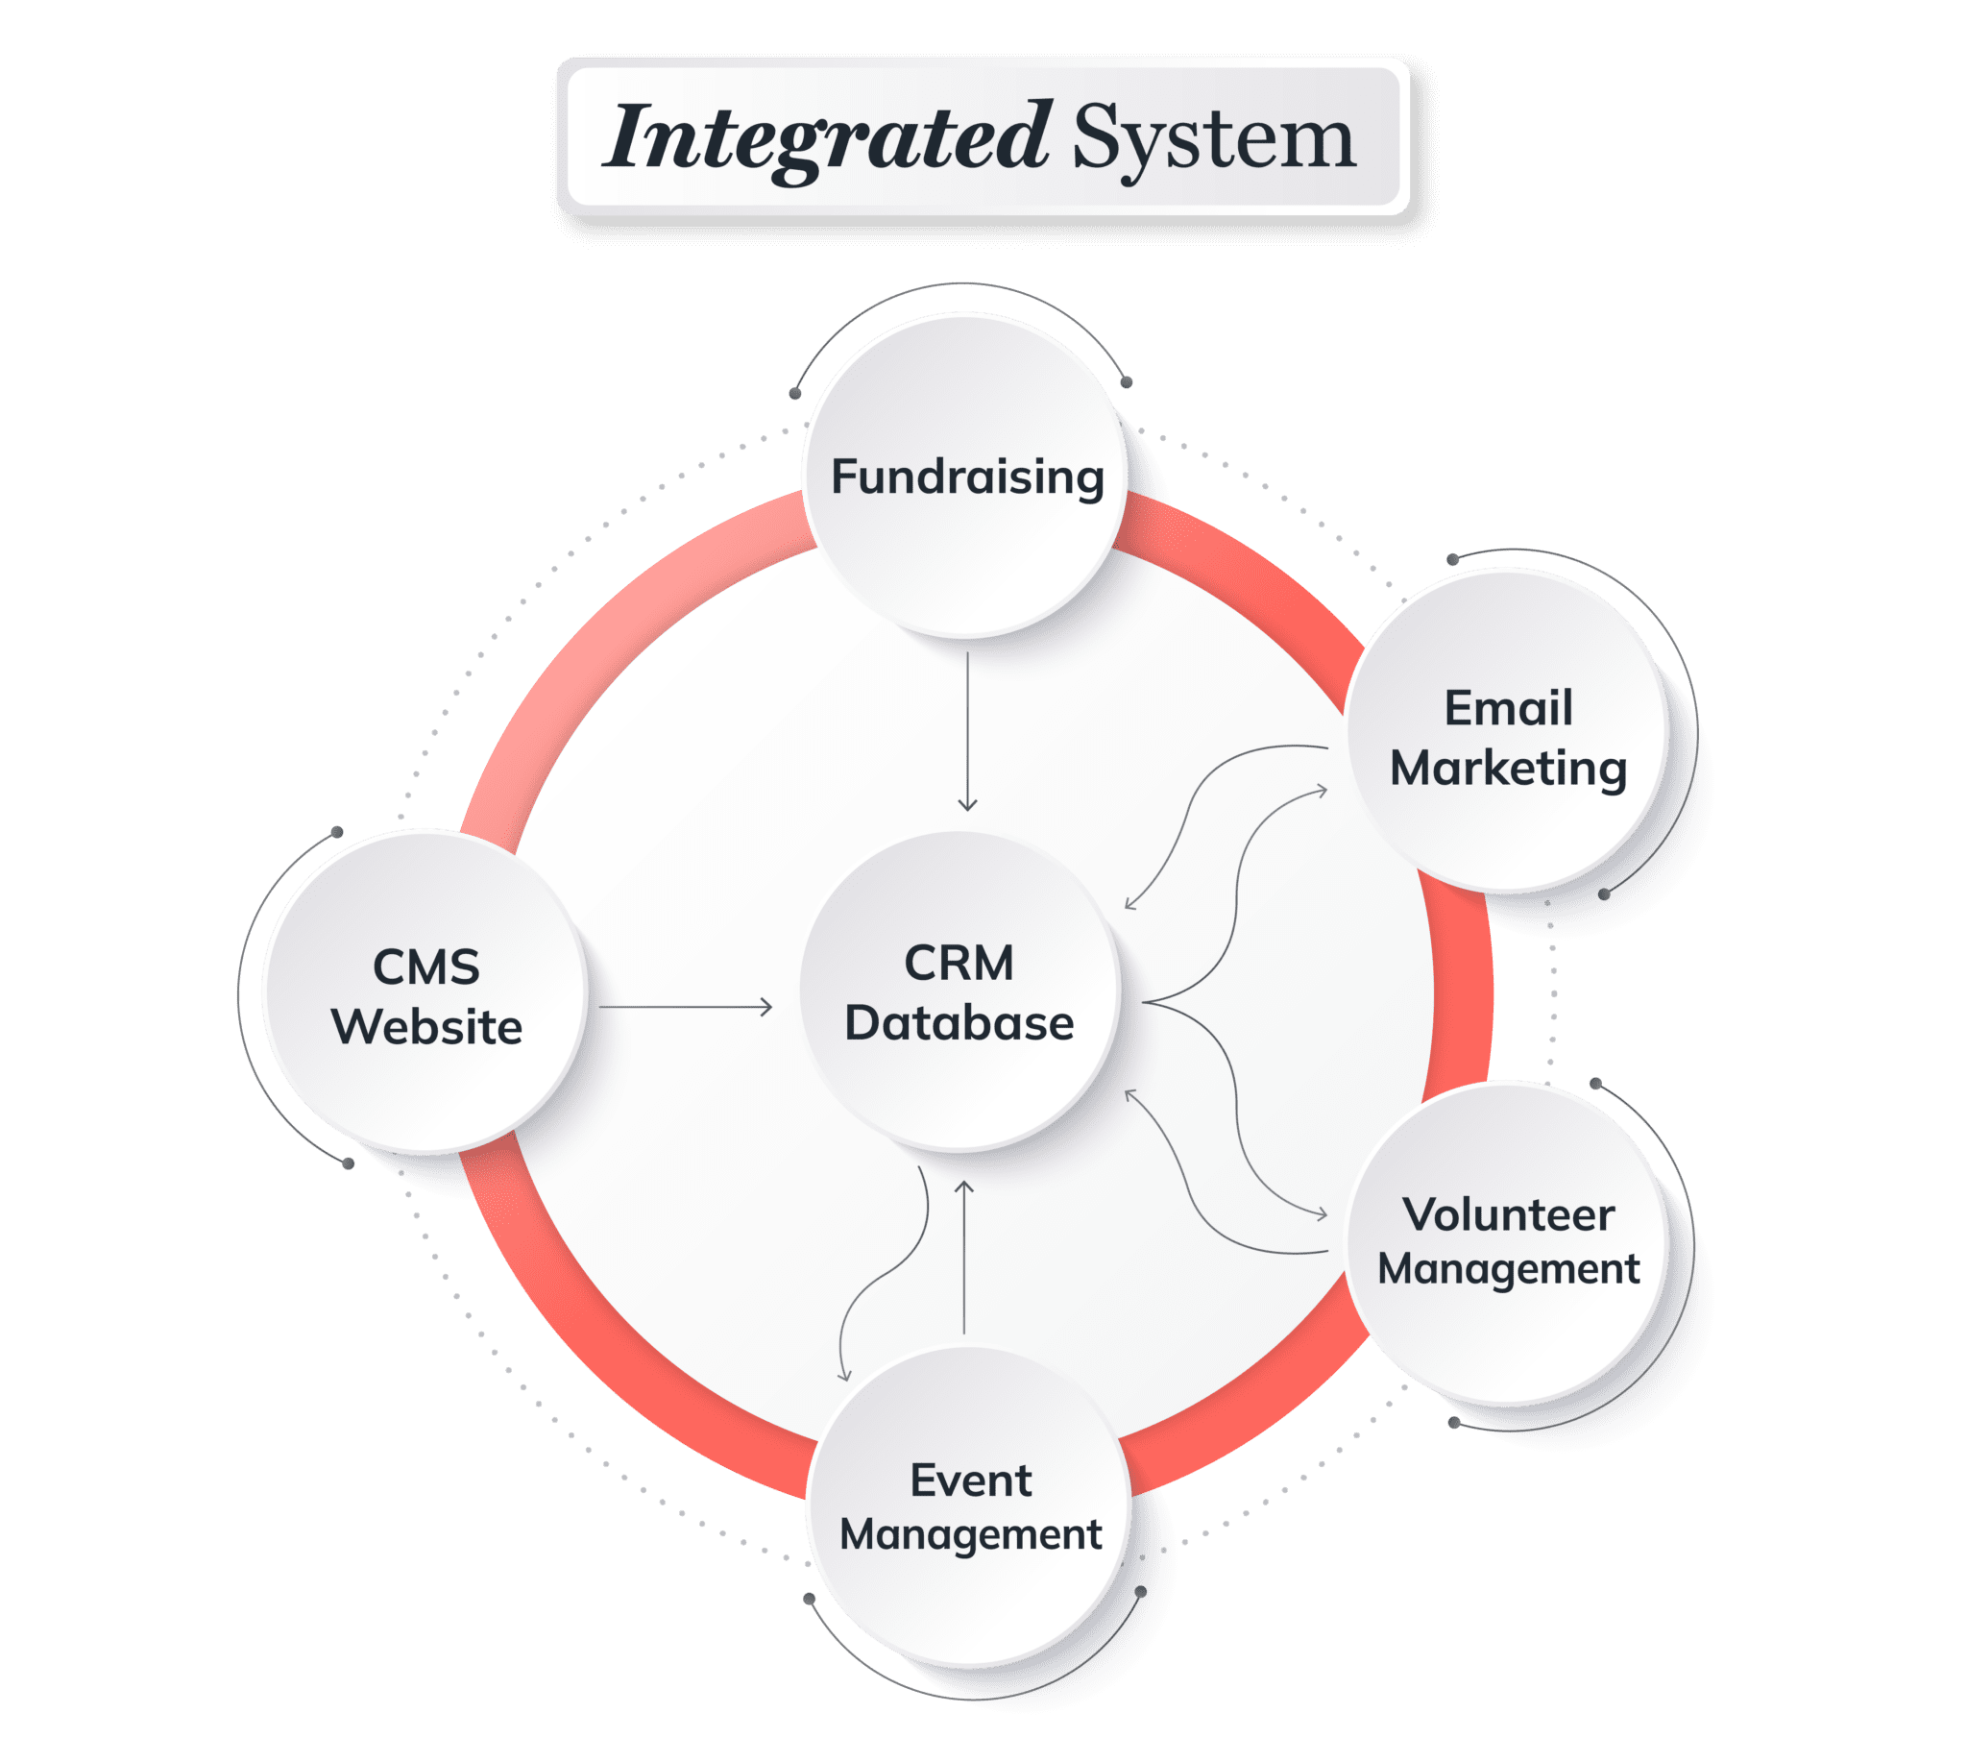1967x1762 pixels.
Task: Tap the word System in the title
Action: (x=1212, y=139)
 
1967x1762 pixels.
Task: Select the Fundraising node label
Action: (x=967, y=477)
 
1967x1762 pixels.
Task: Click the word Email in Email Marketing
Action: (x=1508, y=708)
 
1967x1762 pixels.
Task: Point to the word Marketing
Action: (x=1508, y=769)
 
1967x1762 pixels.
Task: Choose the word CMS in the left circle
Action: (x=425, y=967)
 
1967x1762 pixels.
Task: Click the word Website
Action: (x=425, y=1026)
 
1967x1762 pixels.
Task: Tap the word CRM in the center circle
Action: (x=959, y=964)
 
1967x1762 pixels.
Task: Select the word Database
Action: (x=959, y=1023)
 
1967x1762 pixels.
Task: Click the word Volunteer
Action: (x=1508, y=1215)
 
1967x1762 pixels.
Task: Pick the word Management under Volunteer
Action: (x=1508, y=1269)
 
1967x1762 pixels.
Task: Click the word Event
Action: (x=970, y=1481)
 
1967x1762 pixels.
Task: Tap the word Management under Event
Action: (x=970, y=1534)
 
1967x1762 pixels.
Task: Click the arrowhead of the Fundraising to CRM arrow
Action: (x=967, y=805)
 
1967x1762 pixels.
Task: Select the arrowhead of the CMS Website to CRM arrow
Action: (x=766, y=1007)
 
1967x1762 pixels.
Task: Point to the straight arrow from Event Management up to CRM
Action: (x=964, y=1259)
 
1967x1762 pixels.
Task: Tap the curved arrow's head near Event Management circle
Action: (x=844, y=1376)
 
